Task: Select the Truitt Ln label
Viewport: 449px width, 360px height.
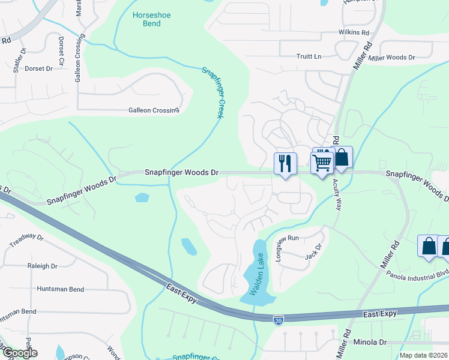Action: click(x=310, y=56)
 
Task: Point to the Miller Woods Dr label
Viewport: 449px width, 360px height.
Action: click(x=392, y=58)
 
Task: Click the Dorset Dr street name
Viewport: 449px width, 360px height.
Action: click(x=39, y=68)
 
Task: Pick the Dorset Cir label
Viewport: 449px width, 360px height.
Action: click(x=61, y=50)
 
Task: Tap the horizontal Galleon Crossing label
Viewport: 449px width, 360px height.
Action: click(x=154, y=110)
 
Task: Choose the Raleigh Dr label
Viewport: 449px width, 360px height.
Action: click(x=42, y=266)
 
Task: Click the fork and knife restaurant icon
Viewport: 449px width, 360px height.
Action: click(x=285, y=163)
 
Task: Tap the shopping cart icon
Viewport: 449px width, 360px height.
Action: click(x=322, y=162)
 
